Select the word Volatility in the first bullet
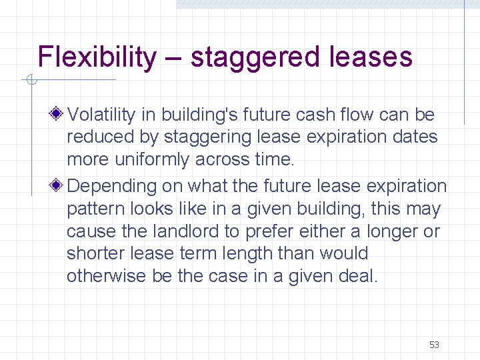pos(102,115)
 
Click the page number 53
pos(434,345)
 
